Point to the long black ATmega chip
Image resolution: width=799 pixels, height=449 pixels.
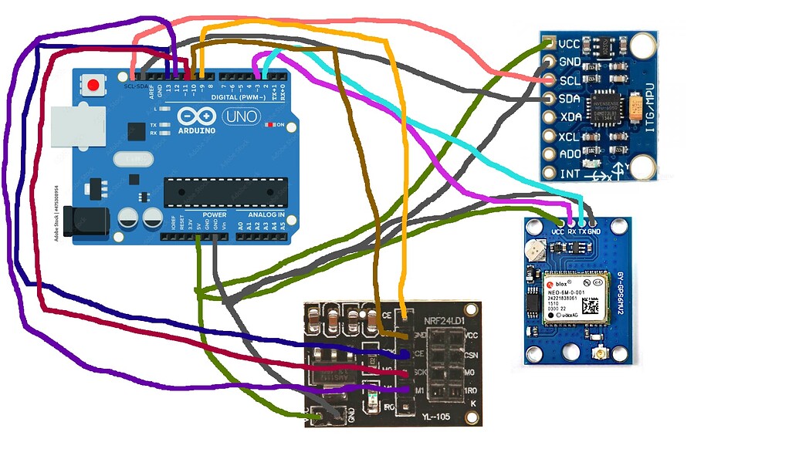tap(225, 191)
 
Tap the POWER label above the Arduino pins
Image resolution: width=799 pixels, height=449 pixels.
tap(214, 214)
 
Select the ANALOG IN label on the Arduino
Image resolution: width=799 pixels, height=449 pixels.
tap(266, 214)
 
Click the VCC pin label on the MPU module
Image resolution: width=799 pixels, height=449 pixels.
tap(570, 43)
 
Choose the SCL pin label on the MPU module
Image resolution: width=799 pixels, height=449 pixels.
tap(570, 80)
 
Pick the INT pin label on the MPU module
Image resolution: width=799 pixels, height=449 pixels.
tap(570, 174)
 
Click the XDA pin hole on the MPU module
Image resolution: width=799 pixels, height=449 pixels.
tap(549, 117)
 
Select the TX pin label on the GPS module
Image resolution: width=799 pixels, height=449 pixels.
tap(581, 231)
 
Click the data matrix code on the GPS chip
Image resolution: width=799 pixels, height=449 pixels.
tap(591, 306)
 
